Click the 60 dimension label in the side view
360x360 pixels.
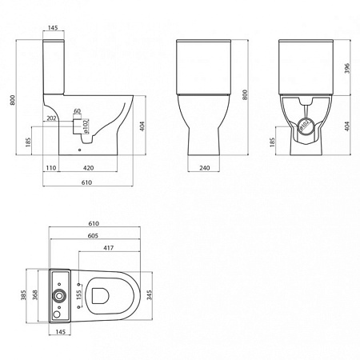point(77,111)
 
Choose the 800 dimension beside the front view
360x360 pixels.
point(243,94)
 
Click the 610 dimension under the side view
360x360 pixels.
point(86,183)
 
